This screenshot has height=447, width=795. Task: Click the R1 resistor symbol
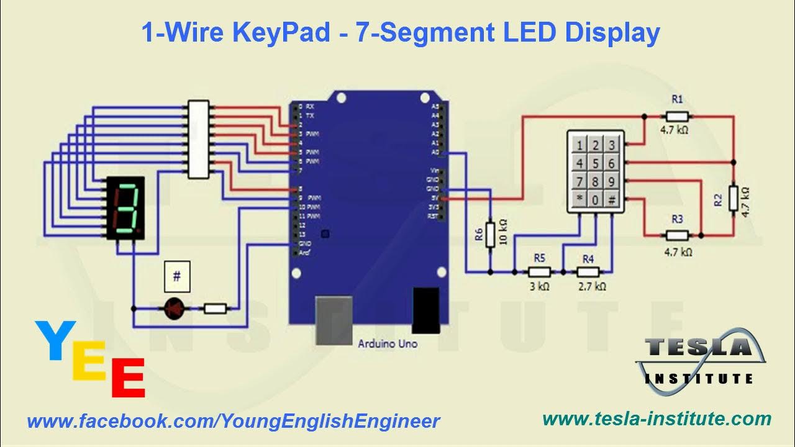(x=676, y=116)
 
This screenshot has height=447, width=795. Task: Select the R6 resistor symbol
(x=491, y=234)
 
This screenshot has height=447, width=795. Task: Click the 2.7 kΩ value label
(x=592, y=286)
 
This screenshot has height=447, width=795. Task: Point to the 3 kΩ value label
(x=539, y=286)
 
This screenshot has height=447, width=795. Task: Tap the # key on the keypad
(x=611, y=200)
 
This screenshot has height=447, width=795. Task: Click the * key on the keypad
(x=579, y=200)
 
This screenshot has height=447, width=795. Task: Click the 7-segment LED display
(x=125, y=208)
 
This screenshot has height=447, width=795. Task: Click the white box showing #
(x=176, y=277)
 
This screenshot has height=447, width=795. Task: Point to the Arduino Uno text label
(x=388, y=343)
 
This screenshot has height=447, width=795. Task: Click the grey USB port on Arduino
(x=334, y=320)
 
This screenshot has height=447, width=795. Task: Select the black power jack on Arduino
(x=425, y=309)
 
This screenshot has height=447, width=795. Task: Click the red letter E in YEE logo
(x=128, y=378)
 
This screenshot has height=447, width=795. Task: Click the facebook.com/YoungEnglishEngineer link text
(x=234, y=422)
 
